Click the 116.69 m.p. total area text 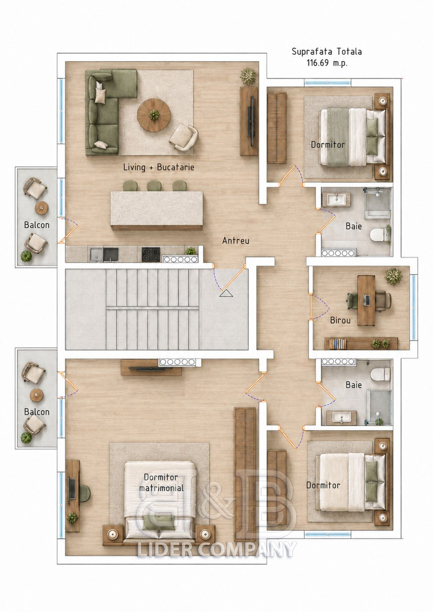[x=327, y=63]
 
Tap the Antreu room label [x=236, y=240]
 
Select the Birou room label [x=340, y=320]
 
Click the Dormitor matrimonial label [x=161, y=482]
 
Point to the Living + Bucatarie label [x=159, y=167]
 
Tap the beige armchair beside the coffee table [x=184, y=137]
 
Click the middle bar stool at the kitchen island [x=154, y=186]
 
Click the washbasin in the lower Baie [x=341, y=417]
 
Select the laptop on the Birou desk [x=367, y=300]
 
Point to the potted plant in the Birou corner [x=393, y=276]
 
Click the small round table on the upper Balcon [x=42, y=208]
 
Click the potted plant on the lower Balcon [x=26, y=438]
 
